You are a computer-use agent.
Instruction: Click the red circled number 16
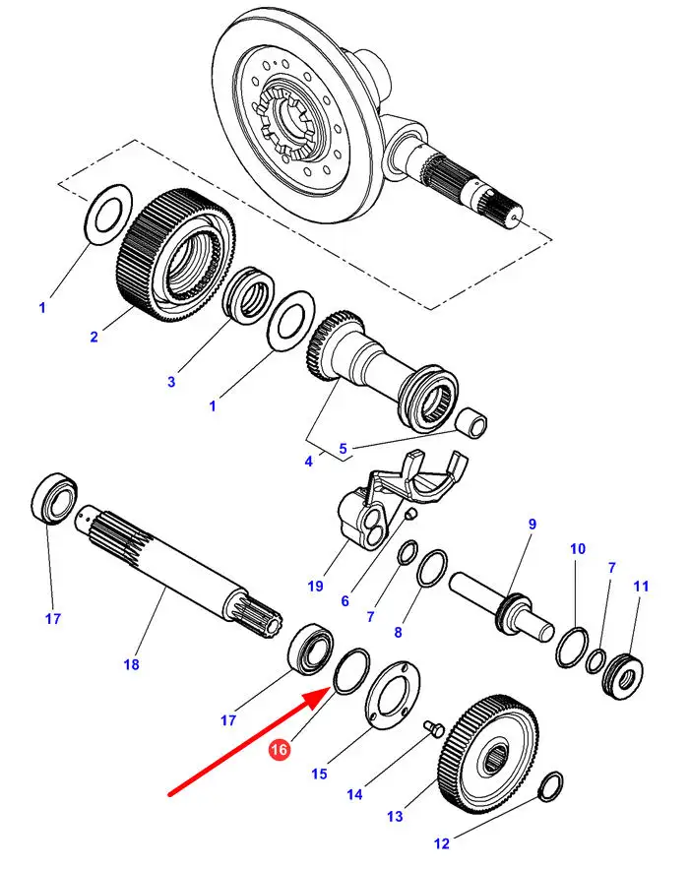[280, 751]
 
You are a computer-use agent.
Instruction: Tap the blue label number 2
[94, 338]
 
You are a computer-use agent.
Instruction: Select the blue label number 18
[131, 665]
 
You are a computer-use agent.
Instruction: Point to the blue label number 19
[315, 587]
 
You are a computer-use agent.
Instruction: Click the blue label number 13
[395, 816]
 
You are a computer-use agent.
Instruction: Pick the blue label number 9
[533, 525]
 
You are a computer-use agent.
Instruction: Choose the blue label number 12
[441, 843]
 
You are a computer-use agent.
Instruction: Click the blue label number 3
[171, 382]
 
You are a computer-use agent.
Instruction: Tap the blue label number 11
[641, 587]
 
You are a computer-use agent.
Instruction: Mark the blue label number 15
[319, 775]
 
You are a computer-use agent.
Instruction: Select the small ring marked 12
[552, 784]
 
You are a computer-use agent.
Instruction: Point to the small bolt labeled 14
[431, 726]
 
